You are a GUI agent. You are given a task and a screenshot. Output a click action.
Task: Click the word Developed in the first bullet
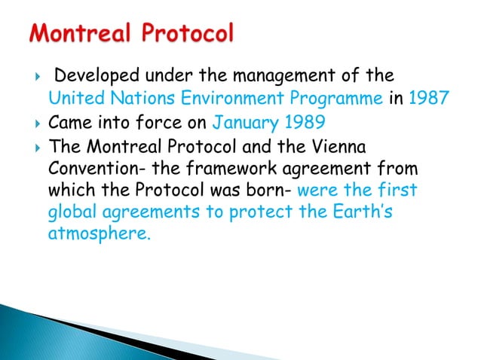coord(91,76)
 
